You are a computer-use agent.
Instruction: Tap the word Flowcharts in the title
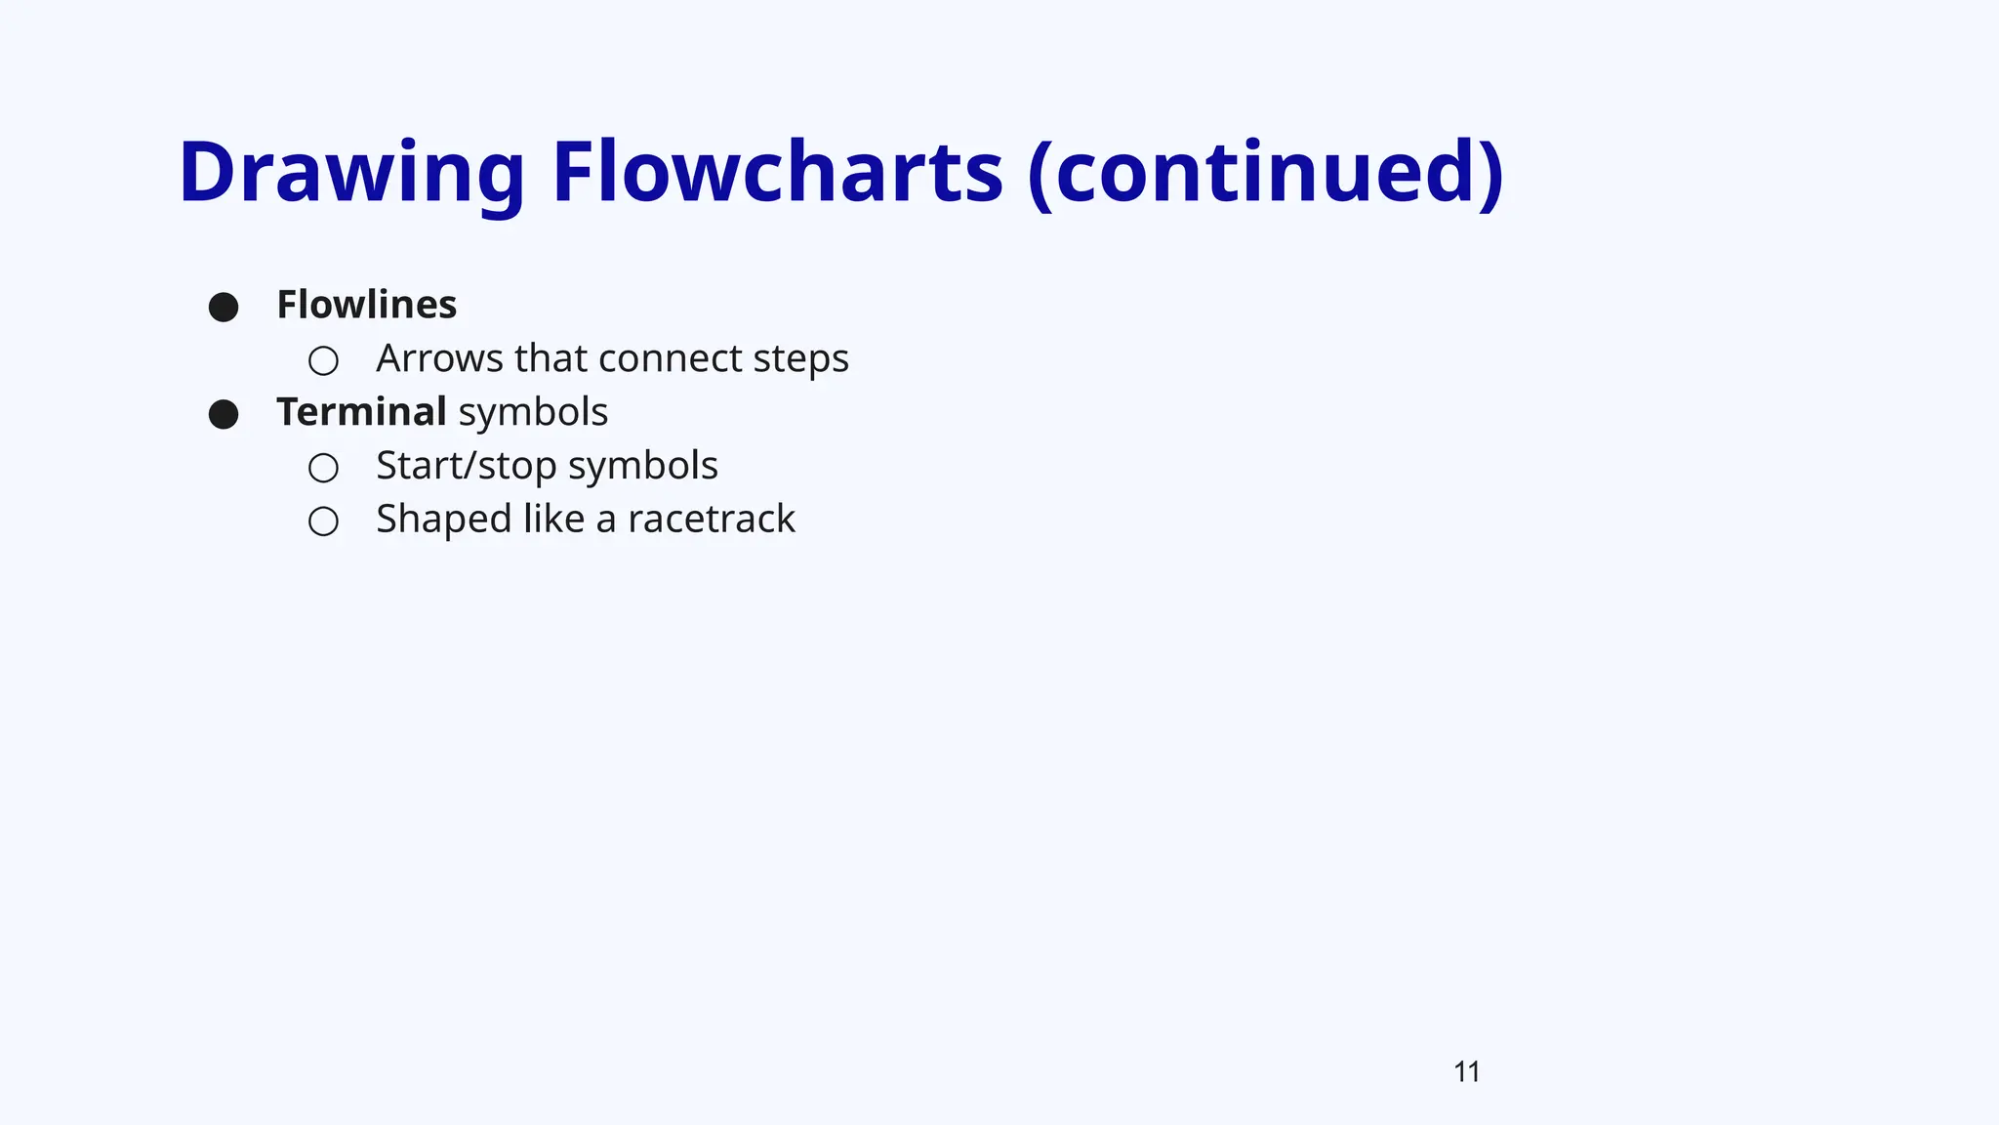[x=777, y=174]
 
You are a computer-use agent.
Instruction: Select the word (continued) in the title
[x=1266, y=174]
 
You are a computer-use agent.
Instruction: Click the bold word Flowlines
[x=366, y=306]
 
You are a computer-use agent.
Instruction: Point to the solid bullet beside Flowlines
[x=224, y=308]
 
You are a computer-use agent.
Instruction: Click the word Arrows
[x=439, y=358]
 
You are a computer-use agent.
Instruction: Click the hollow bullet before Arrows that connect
[x=323, y=361]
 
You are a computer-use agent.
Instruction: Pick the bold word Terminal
[x=361, y=412]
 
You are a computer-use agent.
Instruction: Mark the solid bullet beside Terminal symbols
[x=224, y=414]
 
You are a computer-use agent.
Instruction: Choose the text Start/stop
[x=466, y=467]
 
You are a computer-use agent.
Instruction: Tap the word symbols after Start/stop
[x=643, y=467]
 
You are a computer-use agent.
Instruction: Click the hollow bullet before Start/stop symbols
[x=323, y=468]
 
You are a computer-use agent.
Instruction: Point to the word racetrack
[x=711, y=520]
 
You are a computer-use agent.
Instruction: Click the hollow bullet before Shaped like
[x=323, y=521]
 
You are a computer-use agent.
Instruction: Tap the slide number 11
[x=1466, y=1072]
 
